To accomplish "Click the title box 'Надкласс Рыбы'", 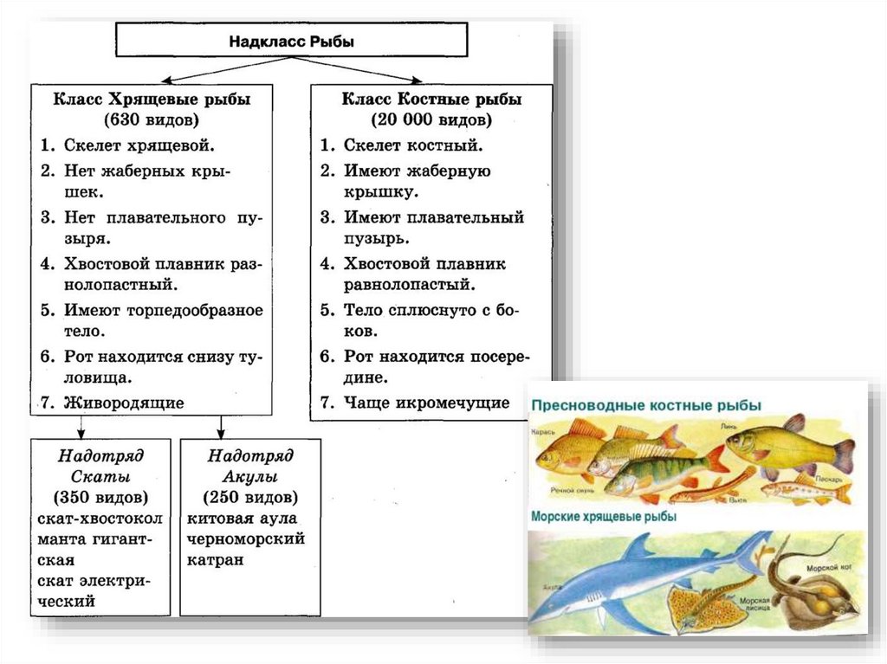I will pyautogui.click(x=292, y=41).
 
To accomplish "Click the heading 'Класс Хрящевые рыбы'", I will pyautogui.click(x=152, y=99).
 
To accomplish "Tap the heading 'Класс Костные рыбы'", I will pyautogui.click(x=431, y=99).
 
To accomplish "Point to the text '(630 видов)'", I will pyautogui.click(x=152, y=119).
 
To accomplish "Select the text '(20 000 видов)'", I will pyautogui.click(x=431, y=119).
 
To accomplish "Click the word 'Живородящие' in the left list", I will pyautogui.click(x=124, y=402).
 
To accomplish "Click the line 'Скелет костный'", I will pyautogui.click(x=413, y=145).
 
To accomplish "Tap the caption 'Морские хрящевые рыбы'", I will pyautogui.click(x=604, y=516).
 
